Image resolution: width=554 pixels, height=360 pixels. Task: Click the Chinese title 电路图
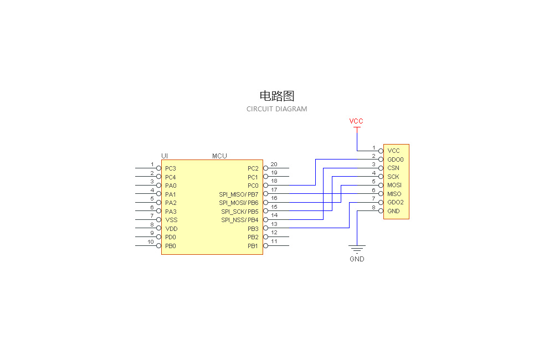coord(276,96)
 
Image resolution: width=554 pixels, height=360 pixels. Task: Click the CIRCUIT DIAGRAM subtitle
coord(276,109)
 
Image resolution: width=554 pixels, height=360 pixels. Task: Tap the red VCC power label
coord(356,121)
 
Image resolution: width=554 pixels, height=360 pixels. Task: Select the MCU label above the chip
coord(219,156)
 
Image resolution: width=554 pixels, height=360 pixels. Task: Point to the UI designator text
coord(165,156)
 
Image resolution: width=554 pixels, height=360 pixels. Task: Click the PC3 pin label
coord(171,168)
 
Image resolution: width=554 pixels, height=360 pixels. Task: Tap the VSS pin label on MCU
coord(171,220)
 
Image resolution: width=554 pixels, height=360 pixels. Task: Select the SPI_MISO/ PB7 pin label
coord(239,194)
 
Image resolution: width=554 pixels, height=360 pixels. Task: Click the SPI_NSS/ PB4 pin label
coord(239,220)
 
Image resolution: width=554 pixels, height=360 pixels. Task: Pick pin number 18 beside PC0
coord(274,181)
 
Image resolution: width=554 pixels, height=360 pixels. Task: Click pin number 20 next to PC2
coord(274,164)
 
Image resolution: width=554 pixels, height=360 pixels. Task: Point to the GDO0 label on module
coord(396,160)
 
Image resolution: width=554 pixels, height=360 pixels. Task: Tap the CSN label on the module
coord(393,168)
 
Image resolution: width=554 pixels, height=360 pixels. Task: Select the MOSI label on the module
coord(394,185)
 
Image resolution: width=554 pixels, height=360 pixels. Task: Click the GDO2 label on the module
coord(396,202)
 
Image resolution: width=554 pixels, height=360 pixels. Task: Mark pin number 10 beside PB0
coord(151,242)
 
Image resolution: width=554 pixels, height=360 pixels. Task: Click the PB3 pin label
coord(253,229)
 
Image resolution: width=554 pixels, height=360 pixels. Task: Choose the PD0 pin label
coord(171,237)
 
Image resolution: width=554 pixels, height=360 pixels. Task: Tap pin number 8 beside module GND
coord(373,208)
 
